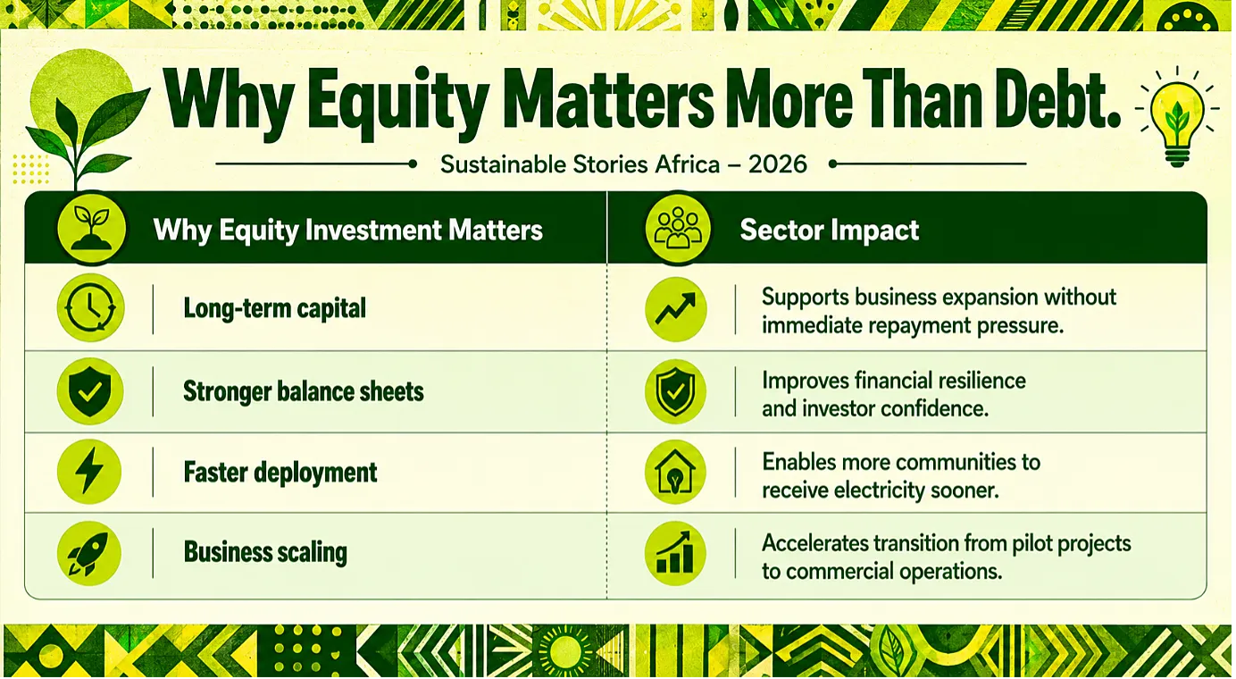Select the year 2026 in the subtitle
click(778, 164)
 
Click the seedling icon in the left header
click(92, 229)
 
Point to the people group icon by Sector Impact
click(678, 229)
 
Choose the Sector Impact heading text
click(830, 230)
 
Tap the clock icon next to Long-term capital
click(90, 307)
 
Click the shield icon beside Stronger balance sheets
click(90, 391)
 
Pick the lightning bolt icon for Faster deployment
click(89, 472)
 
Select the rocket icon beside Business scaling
click(89, 553)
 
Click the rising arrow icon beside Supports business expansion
click(675, 308)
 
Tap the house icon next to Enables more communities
click(675, 472)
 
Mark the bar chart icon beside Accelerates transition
click(675, 554)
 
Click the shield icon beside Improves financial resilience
click(675, 391)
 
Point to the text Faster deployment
click(280, 473)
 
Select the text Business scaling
click(265, 553)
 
